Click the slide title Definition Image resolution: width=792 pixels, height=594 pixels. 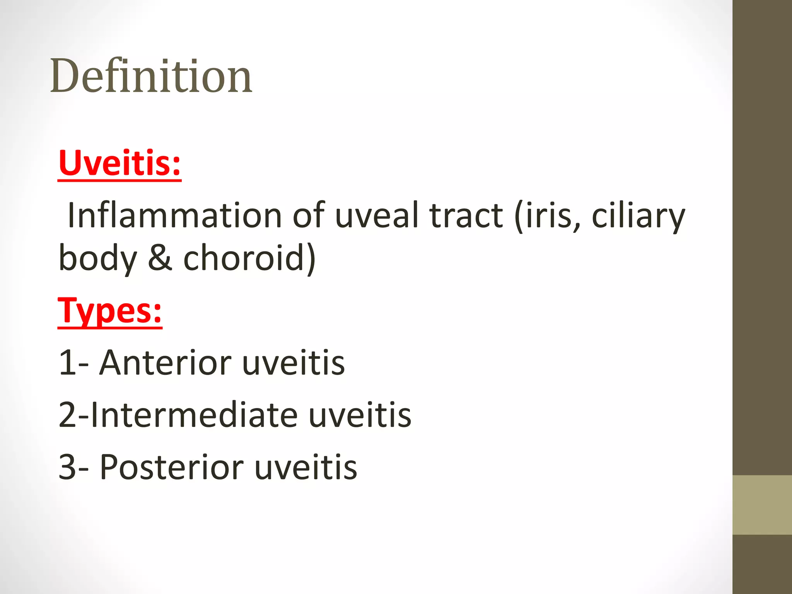tap(151, 76)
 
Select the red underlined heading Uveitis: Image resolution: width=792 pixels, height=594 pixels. tap(119, 163)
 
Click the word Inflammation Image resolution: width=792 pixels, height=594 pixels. tap(174, 215)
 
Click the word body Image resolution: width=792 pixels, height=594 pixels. tap(98, 258)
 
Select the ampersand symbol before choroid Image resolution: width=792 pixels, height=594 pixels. tap(160, 258)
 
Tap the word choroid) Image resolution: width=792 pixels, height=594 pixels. tap(249, 258)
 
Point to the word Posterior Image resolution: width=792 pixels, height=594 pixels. tap(172, 467)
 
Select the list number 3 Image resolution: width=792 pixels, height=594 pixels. tap(67, 467)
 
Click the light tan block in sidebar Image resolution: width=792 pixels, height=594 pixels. tap(762, 505)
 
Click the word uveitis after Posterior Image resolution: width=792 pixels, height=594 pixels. tap(306, 467)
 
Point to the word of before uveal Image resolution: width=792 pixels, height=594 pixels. tap(308, 215)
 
